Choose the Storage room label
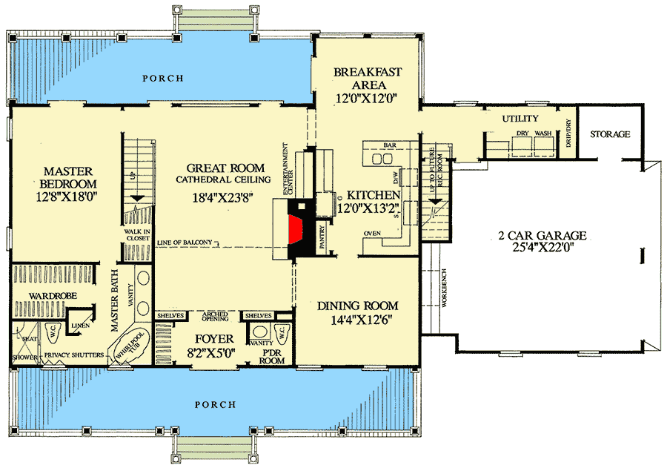(x=610, y=134)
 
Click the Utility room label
(x=520, y=119)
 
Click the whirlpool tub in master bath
(x=133, y=344)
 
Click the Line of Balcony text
(x=185, y=242)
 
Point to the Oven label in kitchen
(x=372, y=234)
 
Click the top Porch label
(x=163, y=78)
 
